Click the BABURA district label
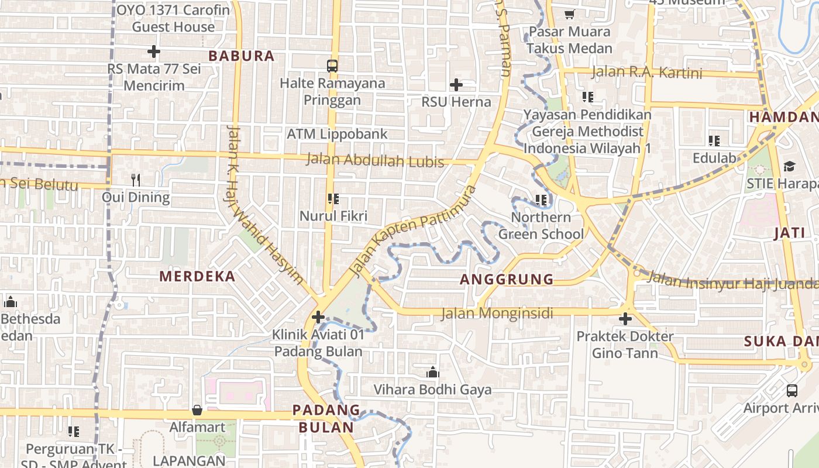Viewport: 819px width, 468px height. click(x=241, y=56)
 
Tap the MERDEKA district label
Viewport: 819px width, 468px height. click(x=197, y=277)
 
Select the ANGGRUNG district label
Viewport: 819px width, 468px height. click(x=507, y=280)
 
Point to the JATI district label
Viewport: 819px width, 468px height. click(x=789, y=233)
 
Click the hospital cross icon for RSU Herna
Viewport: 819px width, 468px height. click(x=456, y=85)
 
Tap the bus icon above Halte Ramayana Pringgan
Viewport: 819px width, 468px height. click(x=332, y=66)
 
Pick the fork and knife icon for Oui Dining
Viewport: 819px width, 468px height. click(x=136, y=180)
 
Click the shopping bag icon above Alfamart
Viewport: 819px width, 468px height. click(x=197, y=410)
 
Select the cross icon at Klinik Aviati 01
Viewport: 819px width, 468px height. click(x=318, y=318)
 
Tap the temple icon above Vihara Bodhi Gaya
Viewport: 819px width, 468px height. click(x=433, y=372)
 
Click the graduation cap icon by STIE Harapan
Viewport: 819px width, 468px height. click(x=789, y=167)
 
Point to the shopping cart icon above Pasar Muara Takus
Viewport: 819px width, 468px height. click(x=569, y=14)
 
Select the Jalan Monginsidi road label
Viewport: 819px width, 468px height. click(x=497, y=314)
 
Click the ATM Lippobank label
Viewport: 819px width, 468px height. click(x=337, y=134)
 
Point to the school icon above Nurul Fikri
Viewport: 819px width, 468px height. click(x=333, y=199)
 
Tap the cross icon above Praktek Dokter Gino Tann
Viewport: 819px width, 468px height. click(x=625, y=319)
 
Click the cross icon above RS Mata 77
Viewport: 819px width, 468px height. click(x=154, y=51)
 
